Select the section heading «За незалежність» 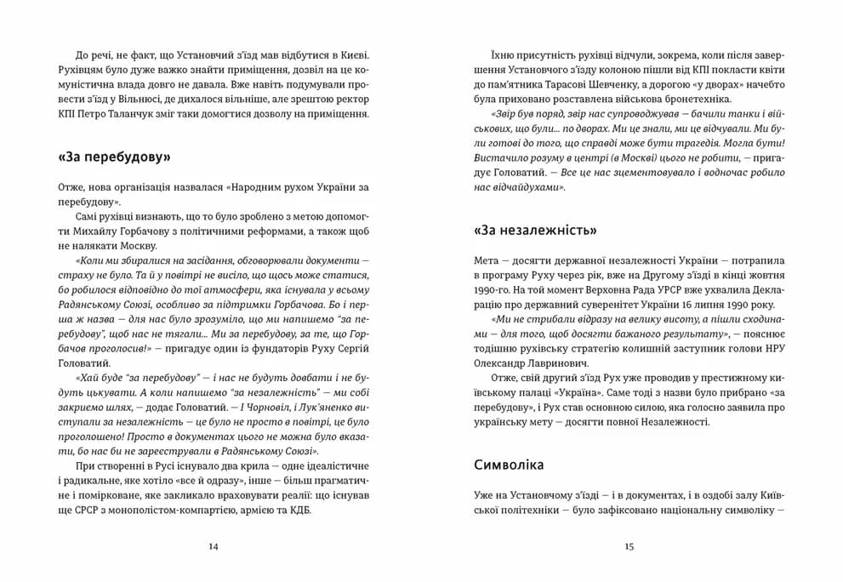533,230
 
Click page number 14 213,546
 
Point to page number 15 629,546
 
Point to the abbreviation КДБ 301,511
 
